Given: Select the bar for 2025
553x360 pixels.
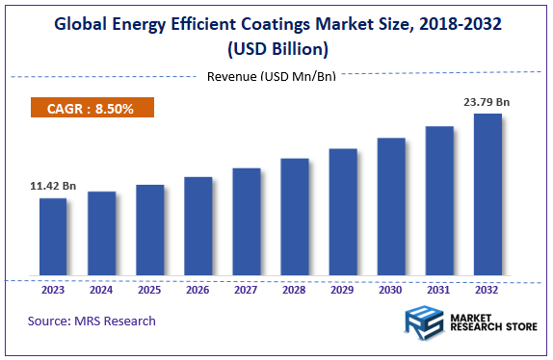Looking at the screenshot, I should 149,232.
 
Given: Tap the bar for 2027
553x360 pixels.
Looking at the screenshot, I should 247,223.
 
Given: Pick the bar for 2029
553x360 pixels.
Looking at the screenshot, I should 343,214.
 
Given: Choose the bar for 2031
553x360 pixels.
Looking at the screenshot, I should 439,202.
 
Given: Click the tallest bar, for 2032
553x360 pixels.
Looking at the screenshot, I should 487,196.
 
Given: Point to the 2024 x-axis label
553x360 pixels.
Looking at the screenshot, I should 101,289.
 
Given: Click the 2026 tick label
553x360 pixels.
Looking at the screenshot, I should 197,289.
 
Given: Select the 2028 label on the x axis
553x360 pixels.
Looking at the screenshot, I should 295,289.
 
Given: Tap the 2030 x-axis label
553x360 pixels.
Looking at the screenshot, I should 391,289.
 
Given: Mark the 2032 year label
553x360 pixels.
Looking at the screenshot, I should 487,289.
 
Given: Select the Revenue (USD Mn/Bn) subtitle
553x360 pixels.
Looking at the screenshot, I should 271,77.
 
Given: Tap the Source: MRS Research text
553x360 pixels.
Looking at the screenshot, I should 92,321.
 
